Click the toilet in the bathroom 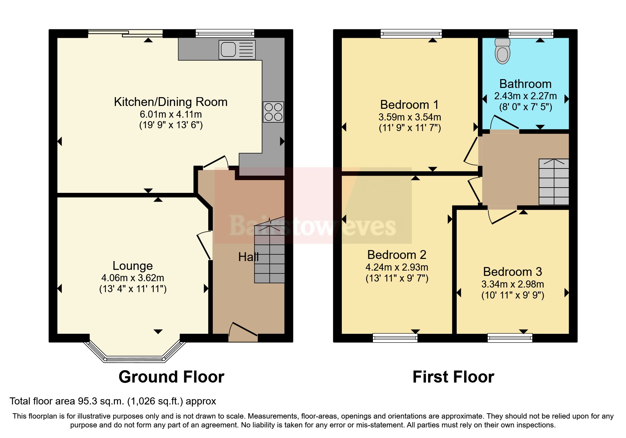503,52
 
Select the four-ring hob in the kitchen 273,112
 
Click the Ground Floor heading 171,377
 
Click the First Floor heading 453,377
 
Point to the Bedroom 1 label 409,105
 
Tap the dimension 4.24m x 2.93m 397,267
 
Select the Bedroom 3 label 512,272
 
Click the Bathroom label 525,84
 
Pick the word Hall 248,257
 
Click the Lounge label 133,266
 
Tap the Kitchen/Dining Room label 170,102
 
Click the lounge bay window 135,358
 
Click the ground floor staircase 270,254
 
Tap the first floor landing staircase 554,182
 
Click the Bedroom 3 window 510,338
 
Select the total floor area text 113,401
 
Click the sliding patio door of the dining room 125,34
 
